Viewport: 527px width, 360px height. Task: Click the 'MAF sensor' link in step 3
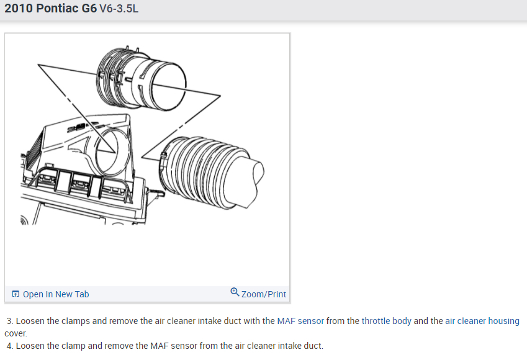coord(300,321)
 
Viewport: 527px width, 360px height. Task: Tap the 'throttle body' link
coord(387,321)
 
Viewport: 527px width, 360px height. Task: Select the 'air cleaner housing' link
coord(482,321)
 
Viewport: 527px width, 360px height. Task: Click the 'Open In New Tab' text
coord(56,294)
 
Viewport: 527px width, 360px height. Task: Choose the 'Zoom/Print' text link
coord(263,294)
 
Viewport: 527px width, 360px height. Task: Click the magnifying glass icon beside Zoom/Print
coord(235,292)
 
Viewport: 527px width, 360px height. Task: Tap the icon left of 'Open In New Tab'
coord(16,294)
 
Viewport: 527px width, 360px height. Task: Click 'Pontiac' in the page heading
coord(57,8)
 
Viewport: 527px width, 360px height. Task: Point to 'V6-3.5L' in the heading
coord(119,9)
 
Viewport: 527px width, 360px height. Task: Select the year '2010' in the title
coord(19,8)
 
